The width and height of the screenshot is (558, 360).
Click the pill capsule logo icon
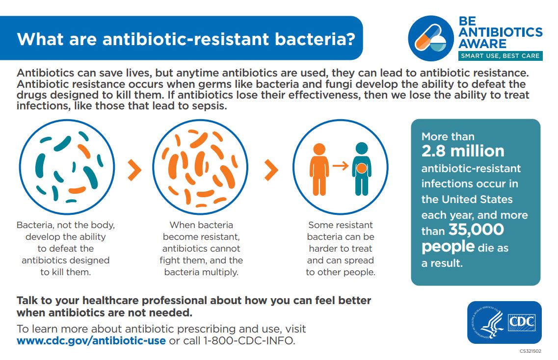coord(430,38)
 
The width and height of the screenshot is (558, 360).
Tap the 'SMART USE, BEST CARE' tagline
coord(500,56)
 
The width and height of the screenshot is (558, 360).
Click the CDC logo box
coord(522,322)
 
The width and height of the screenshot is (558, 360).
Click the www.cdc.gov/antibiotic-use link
coord(91,340)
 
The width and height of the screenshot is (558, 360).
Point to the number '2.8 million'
coord(463,151)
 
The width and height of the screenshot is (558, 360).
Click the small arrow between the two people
coord(340,166)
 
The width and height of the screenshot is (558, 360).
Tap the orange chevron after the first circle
coord(133,170)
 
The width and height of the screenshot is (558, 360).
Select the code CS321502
coord(530,351)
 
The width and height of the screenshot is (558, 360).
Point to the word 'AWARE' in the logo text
coord(482,44)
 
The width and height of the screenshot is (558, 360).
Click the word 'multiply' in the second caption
coord(220,272)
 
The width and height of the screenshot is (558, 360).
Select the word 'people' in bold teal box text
coord(448,246)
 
